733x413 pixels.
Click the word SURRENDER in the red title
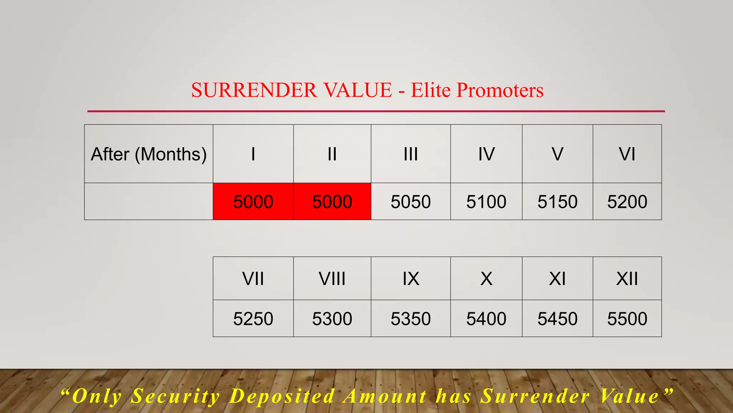point(254,90)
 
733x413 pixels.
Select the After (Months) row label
point(149,154)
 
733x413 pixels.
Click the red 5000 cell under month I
point(253,201)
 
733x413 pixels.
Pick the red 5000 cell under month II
point(332,201)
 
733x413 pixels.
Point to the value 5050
point(411,201)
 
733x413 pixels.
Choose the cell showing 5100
point(486,201)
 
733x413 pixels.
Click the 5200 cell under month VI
point(627,201)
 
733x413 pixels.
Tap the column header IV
point(486,154)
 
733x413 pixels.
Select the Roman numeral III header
point(411,154)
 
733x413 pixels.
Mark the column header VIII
point(332,279)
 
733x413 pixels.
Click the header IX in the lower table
point(411,279)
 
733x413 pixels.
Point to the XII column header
point(627,279)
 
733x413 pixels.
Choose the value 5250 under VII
point(253,319)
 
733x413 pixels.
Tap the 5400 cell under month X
point(486,319)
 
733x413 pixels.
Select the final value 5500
point(627,319)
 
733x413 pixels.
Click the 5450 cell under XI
point(557,319)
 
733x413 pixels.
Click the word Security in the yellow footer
point(175,397)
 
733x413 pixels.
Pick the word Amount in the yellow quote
point(385,397)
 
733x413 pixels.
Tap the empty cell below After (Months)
point(149,201)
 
